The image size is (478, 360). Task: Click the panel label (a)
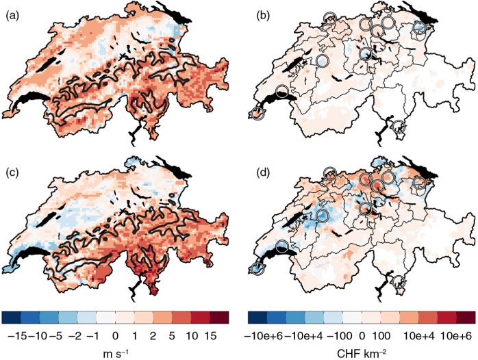[x=12, y=16]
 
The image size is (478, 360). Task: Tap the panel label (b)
[x=263, y=16]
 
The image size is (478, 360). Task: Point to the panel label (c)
[x=12, y=172]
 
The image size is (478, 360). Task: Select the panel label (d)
[x=263, y=172]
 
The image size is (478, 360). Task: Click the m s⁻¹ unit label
[x=115, y=353]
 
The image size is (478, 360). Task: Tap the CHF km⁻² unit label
[x=362, y=353]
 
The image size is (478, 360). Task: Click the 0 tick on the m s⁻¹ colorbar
[x=115, y=336]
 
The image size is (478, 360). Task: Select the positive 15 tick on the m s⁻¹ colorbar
[x=211, y=336]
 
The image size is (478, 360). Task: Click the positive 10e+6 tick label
[x=456, y=336]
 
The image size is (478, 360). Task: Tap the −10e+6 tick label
[x=264, y=336]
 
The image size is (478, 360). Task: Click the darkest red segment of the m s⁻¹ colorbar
[x=219, y=318]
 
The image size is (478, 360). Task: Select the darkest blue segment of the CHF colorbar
[x=257, y=318]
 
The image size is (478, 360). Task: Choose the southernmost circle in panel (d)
[x=399, y=281]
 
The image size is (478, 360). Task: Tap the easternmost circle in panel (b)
[x=420, y=28]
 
